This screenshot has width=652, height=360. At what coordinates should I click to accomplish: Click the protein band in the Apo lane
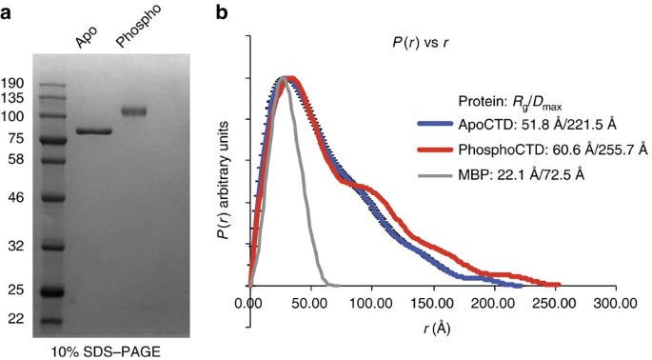click(93, 132)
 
